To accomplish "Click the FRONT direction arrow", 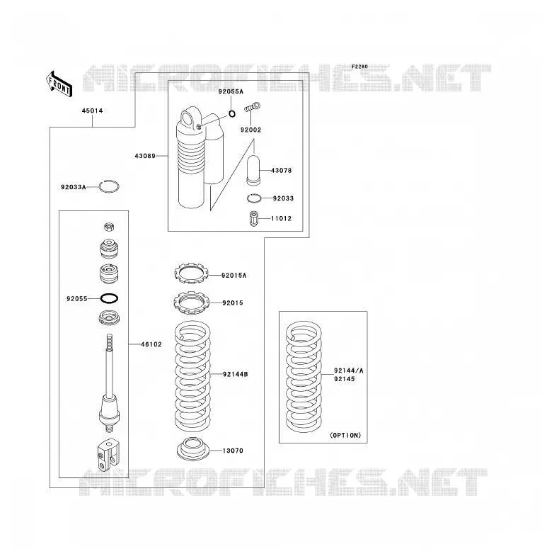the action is point(59,84).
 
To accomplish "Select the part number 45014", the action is point(93,111).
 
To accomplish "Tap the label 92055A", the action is point(231,91).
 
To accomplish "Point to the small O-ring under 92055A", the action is point(232,114).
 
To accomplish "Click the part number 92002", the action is point(251,130).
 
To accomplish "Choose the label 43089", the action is point(145,156).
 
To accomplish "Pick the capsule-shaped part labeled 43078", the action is point(253,170).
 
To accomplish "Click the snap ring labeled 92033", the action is point(254,198).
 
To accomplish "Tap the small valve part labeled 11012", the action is point(253,218).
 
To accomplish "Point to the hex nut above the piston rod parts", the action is point(109,227).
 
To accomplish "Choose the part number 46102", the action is point(151,344).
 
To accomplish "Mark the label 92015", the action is point(233,303).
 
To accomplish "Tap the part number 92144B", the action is point(236,374).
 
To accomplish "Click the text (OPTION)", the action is point(345,435).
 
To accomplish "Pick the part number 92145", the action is point(345,379).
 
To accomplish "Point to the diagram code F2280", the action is point(359,67).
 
